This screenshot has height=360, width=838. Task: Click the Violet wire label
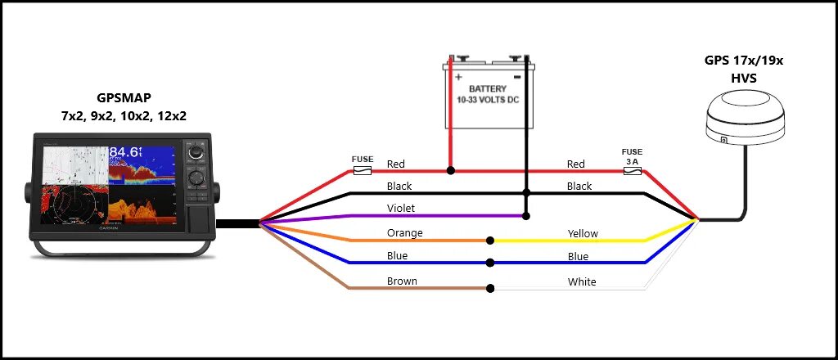[x=402, y=209]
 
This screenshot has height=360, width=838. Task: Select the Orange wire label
[x=404, y=233]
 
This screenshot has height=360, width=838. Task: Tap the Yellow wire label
[x=583, y=233]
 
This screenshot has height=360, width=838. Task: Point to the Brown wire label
[x=402, y=281]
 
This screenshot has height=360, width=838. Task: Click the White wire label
[x=581, y=282]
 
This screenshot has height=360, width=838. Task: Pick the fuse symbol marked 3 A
[x=633, y=172]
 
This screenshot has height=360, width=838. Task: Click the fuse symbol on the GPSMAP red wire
[x=362, y=171]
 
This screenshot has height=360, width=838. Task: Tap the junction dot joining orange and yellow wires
[x=490, y=241]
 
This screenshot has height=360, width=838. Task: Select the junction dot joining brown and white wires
[x=490, y=288]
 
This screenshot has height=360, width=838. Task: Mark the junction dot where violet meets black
[x=526, y=216]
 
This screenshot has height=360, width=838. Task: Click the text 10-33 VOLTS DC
[x=487, y=101]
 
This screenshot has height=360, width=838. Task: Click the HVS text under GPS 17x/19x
[x=743, y=78]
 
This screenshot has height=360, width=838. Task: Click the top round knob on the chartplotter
[x=195, y=154]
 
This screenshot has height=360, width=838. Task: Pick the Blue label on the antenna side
[x=578, y=256]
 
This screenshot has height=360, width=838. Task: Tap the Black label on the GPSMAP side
[x=399, y=186]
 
